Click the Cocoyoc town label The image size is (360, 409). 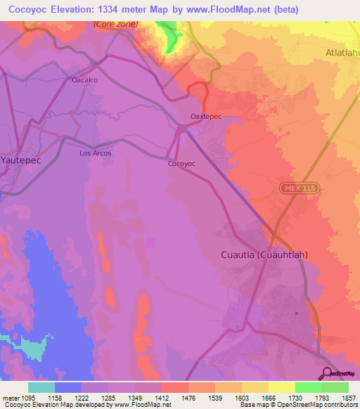click(181, 163)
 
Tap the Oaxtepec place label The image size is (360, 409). click(206, 117)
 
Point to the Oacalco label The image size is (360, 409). click(84, 80)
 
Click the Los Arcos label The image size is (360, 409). click(95, 152)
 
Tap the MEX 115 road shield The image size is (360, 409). click(300, 188)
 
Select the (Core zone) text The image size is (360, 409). click(116, 24)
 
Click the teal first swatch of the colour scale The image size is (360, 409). click(41, 387)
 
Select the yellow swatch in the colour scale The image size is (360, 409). click(281, 387)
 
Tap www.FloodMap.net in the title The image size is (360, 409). click(223, 9)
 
